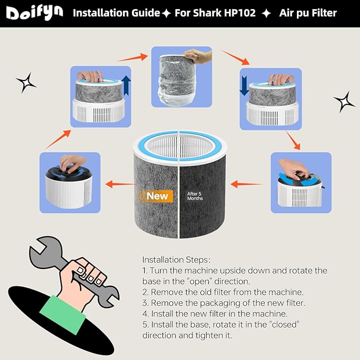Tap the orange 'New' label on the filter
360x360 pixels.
point(157,196)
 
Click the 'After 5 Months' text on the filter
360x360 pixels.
point(195,196)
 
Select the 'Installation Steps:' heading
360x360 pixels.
point(177,260)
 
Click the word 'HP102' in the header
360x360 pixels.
point(242,13)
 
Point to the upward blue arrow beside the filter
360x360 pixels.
point(126,84)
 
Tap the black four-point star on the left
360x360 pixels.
point(26,82)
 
